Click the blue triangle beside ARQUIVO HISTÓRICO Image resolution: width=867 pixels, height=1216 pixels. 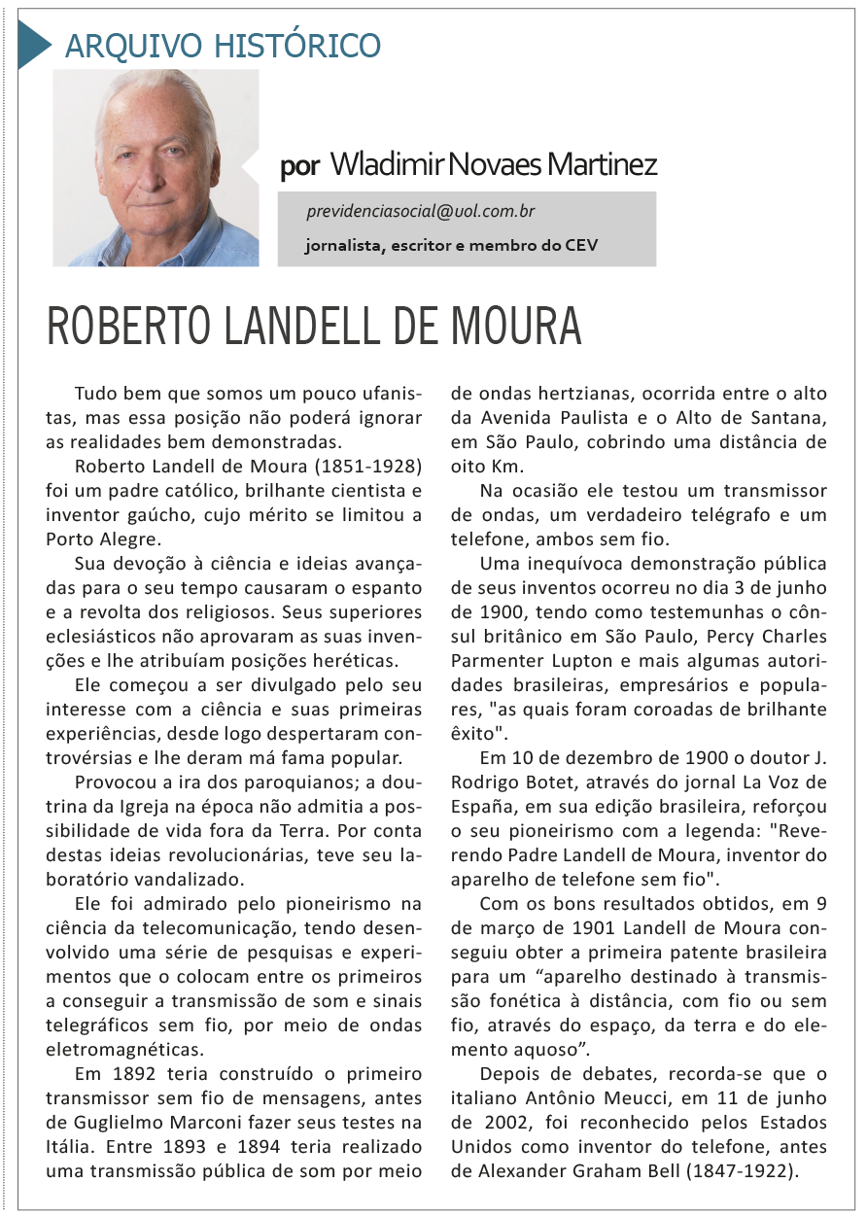[x=32, y=45]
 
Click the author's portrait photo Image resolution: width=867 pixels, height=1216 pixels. [x=156, y=167]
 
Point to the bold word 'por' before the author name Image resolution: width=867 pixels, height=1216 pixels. [x=298, y=165]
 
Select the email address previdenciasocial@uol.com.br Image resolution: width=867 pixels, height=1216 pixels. [x=420, y=211]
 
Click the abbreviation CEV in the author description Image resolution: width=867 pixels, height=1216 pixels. [x=581, y=245]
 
